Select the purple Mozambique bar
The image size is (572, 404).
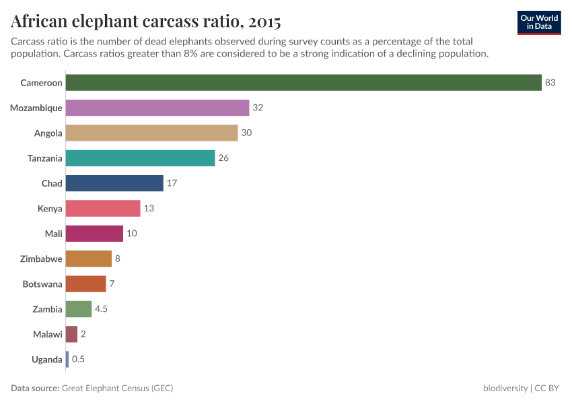pyautogui.click(x=158, y=108)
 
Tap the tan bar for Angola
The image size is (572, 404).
pyautogui.click(x=152, y=133)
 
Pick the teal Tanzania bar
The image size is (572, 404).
pyautogui.click(x=141, y=158)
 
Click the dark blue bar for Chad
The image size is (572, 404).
pyautogui.click(x=115, y=183)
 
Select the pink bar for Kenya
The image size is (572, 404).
pyautogui.click(x=104, y=209)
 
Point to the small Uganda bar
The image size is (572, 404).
pyautogui.click(x=67, y=360)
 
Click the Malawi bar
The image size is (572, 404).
pyautogui.click(x=71, y=334)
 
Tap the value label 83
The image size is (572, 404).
pyautogui.click(x=550, y=83)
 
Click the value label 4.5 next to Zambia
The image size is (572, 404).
pyautogui.click(x=102, y=309)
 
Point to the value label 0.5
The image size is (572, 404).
pyautogui.click(x=78, y=360)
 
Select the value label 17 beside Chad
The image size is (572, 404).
pyautogui.click(x=172, y=183)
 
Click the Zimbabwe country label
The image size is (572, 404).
pyautogui.click(x=42, y=259)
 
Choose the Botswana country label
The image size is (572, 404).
pyautogui.click(x=42, y=284)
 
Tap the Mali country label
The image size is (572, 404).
pyautogui.click(x=53, y=234)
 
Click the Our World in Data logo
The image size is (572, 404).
pyautogui.click(x=539, y=22)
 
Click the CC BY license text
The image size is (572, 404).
pyautogui.click(x=548, y=389)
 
